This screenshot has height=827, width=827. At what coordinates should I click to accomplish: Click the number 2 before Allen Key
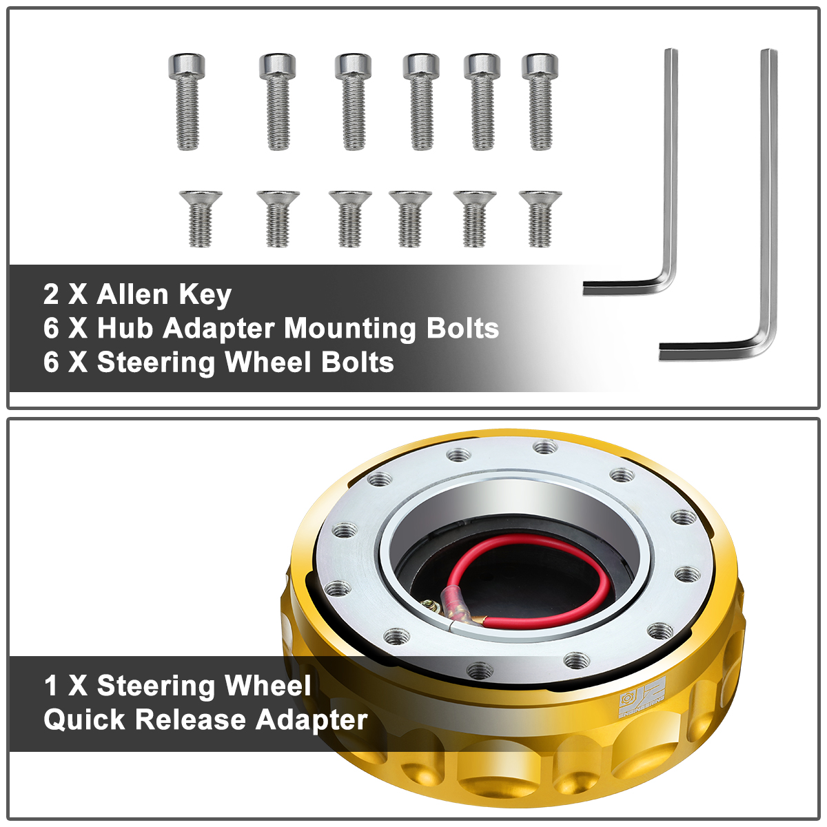[x=51, y=294]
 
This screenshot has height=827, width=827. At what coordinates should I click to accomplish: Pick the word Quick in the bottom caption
[x=84, y=719]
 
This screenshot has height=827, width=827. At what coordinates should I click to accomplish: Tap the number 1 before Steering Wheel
[x=50, y=686]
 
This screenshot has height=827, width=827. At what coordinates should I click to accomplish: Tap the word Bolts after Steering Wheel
[x=358, y=363]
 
